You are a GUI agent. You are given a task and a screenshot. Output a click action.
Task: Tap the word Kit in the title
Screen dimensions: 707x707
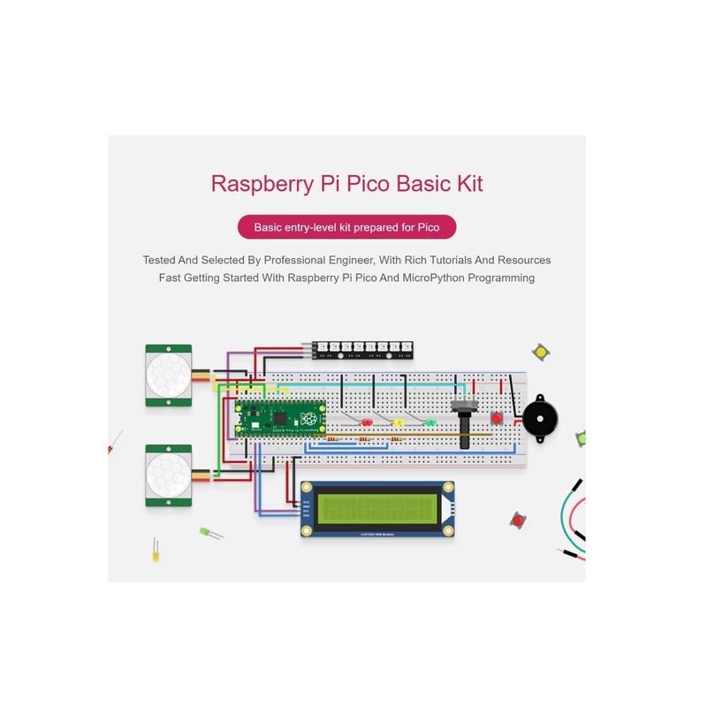pyautogui.click(x=465, y=184)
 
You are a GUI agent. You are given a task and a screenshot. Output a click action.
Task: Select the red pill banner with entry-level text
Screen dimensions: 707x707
pyautogui.click(x=347, y=227)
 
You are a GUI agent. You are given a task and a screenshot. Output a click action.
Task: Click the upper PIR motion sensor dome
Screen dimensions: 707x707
pyautogui.click(x=168, y=376)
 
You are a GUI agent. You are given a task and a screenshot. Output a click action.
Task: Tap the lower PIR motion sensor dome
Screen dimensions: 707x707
pyautogui.click(x=168, y=475)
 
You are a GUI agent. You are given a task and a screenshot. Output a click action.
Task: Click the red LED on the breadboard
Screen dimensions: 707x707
pyautogui.click(x=365, y=422)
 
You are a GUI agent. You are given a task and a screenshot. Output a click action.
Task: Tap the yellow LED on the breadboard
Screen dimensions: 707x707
pyautogui.click(x=399, y=422)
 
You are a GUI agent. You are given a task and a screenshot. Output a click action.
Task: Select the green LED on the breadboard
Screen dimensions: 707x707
pyautogui.click(x=430, y=422)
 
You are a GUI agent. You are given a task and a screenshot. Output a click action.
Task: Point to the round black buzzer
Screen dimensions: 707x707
pyautogui.click(x=540, y=418)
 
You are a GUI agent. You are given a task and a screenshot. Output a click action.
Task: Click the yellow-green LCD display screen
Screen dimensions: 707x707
pyautogui.click(x=377, y=508)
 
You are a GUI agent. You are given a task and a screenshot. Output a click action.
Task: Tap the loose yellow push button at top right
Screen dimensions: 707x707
pyautogui.click(x=541, y=353)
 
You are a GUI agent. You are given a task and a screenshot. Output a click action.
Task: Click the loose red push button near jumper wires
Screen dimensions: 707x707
pyautogui.click(x=518, y=521)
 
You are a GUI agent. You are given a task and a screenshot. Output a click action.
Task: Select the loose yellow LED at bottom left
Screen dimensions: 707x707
pyautogui.click(x=156, y=554)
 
